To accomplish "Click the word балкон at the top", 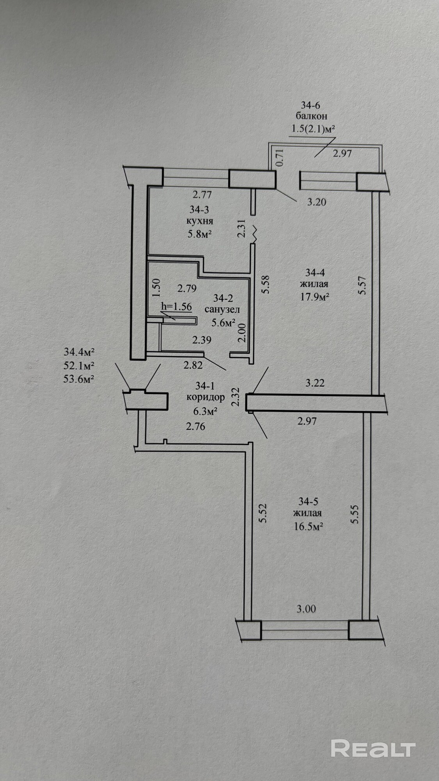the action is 311,116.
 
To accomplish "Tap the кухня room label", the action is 200,221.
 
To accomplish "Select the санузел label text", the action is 222,310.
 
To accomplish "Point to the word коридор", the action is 206,398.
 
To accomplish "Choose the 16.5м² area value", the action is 308,527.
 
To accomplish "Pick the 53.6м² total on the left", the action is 79,379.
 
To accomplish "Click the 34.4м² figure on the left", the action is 79,352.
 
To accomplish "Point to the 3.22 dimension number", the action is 315,383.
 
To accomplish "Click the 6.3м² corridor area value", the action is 206,411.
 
